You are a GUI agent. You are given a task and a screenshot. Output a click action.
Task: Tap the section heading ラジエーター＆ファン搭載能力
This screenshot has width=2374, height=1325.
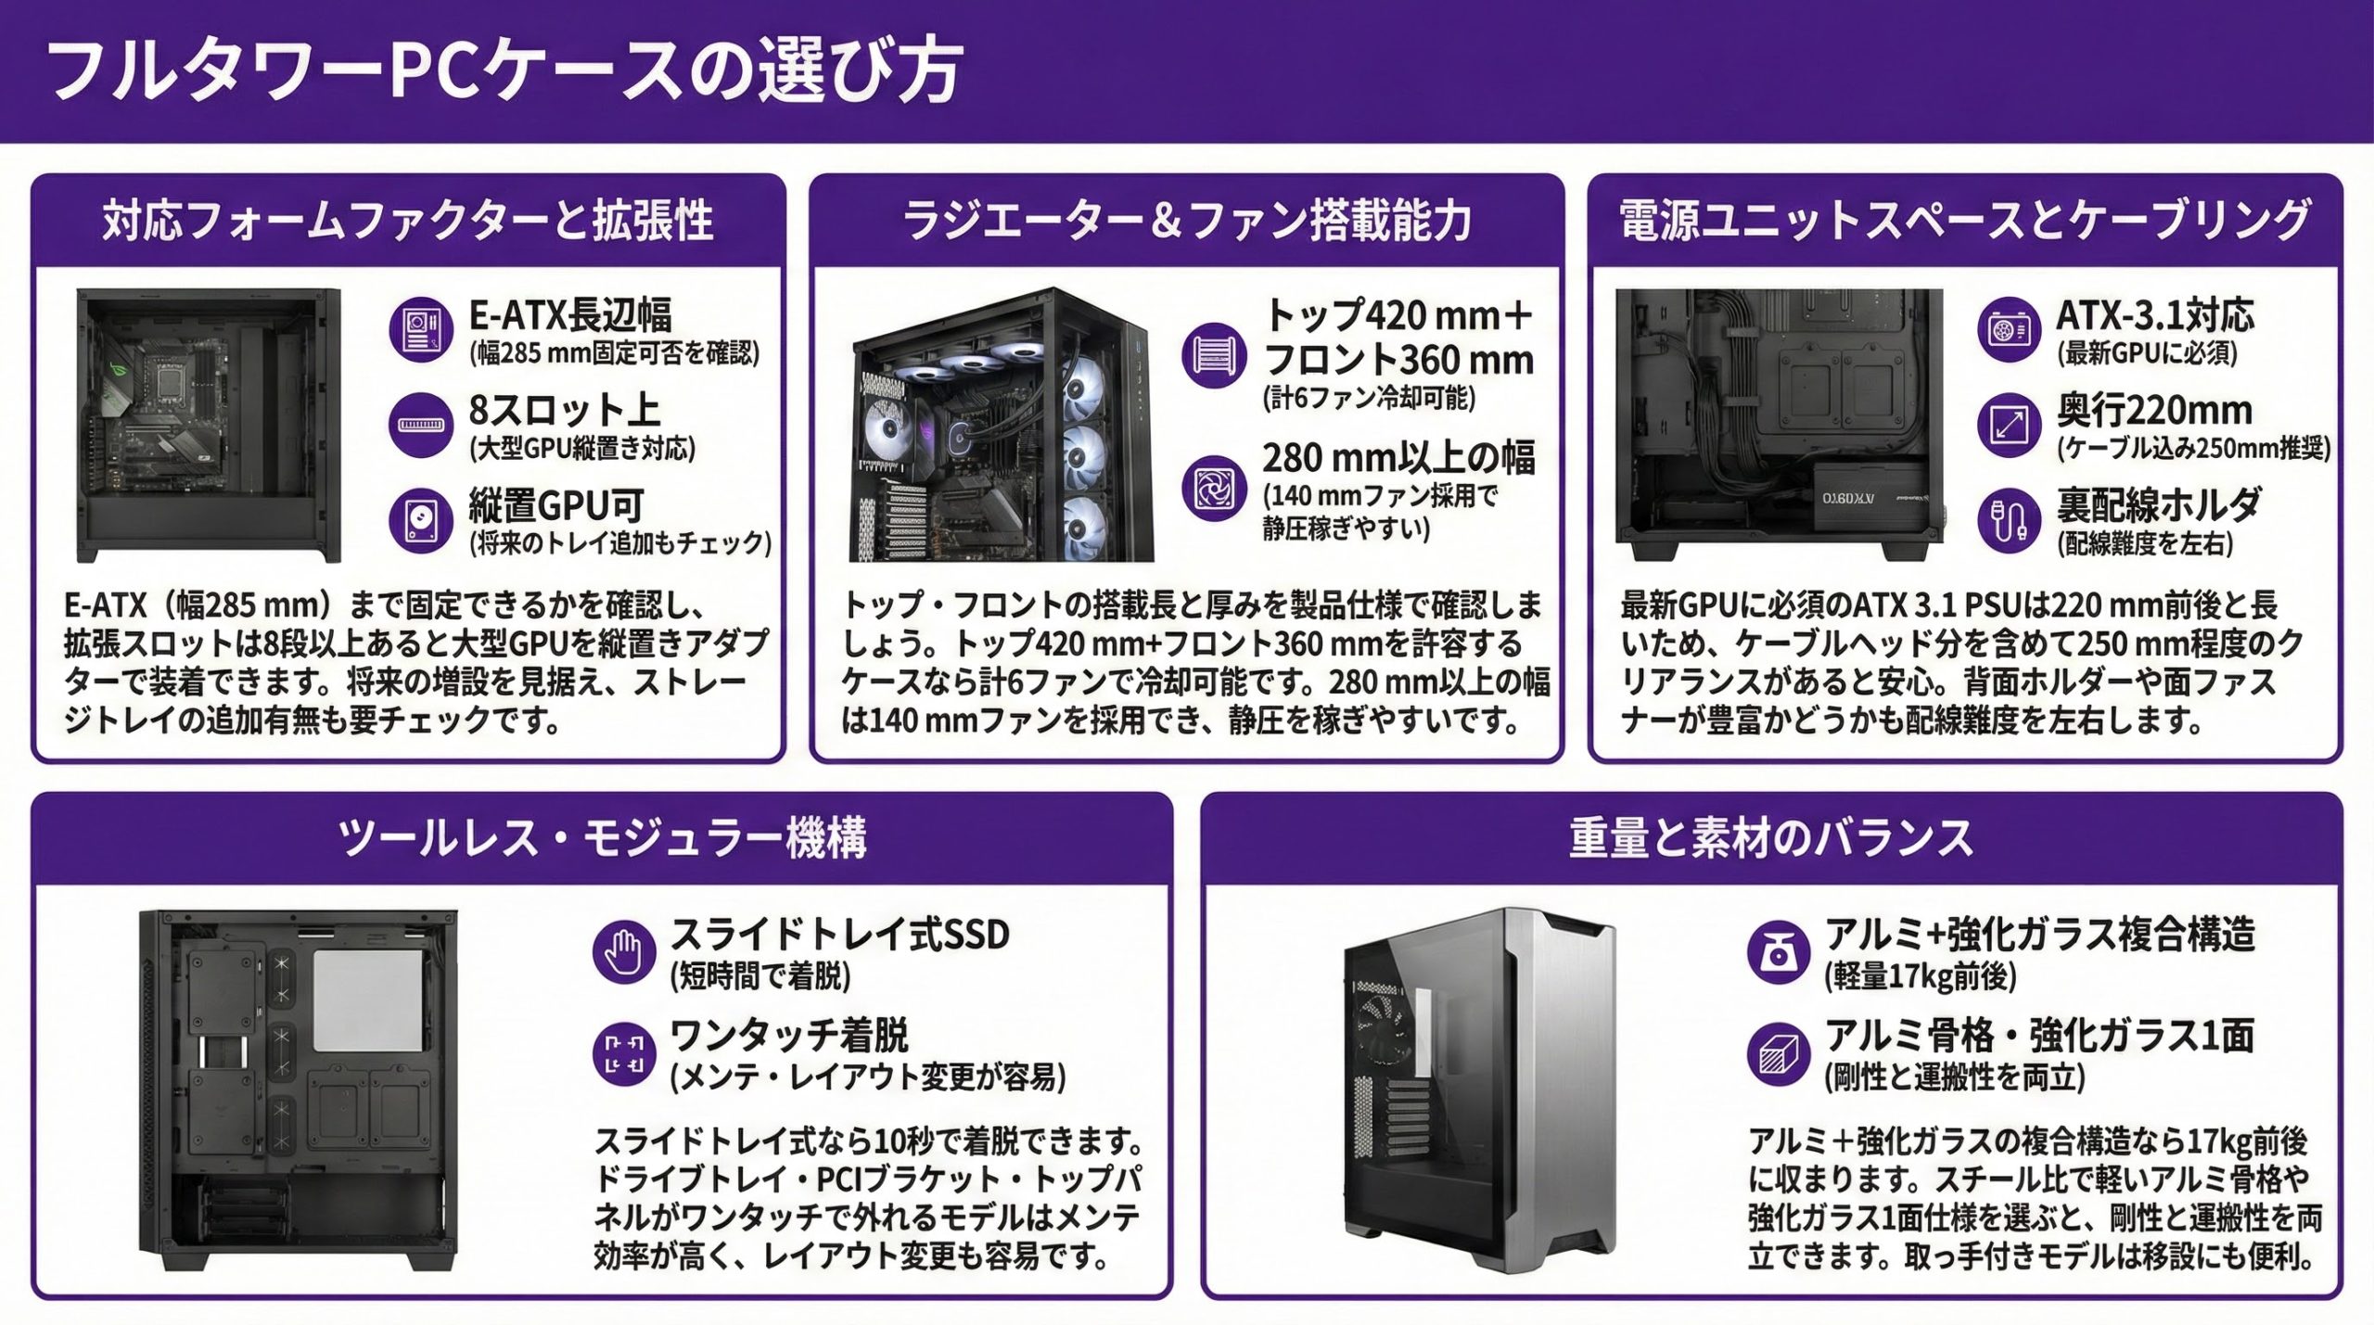point(1186,222)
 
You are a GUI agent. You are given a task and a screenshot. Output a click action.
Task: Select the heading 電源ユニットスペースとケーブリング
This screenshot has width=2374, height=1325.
point(1964,222)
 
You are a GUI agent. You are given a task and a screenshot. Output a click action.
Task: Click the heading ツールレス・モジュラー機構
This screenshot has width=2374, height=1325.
point(602,838)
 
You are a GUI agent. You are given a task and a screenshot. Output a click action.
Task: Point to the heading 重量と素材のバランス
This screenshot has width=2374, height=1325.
point(1770,838)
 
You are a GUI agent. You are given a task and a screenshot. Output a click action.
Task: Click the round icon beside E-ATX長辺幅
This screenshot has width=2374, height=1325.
point(421,330)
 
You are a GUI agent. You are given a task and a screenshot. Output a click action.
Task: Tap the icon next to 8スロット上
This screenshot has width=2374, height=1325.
point(421,425)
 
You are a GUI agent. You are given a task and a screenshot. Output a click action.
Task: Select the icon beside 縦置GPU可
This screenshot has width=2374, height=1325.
point(421,520)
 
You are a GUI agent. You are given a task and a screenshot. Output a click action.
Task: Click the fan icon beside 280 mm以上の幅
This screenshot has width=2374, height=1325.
point(1214,487)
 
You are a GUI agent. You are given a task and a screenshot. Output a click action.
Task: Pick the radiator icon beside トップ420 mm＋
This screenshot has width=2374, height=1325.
point(1214,354)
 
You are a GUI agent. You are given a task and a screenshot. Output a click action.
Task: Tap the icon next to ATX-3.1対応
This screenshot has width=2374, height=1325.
point(2009,330)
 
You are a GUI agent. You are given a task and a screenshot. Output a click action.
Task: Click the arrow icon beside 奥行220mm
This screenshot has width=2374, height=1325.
point(2009,425)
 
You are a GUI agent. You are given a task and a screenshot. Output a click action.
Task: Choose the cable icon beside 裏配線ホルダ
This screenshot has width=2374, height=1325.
point(2009,520)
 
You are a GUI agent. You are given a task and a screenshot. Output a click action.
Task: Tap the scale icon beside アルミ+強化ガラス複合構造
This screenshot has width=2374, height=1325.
point(1778,951)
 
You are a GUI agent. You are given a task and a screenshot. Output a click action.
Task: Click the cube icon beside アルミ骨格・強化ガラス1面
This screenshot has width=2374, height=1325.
point(1778,1052)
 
